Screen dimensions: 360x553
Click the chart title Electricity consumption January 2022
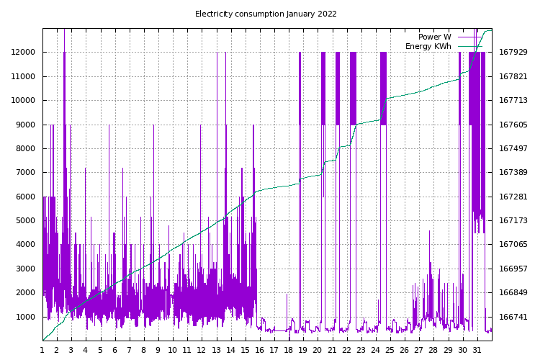coord(266,14)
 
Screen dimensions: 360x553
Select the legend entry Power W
coord(434,37)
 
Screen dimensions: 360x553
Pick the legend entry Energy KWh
coord(428,46)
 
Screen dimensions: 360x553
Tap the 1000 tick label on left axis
coord(27,317)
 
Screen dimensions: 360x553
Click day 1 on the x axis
coord(42,350)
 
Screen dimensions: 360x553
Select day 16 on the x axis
coord(260,350)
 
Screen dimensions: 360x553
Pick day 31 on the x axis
coord(477,350)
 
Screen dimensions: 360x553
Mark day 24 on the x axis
coord(375,350)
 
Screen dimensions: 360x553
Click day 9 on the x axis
coord(158,350)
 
